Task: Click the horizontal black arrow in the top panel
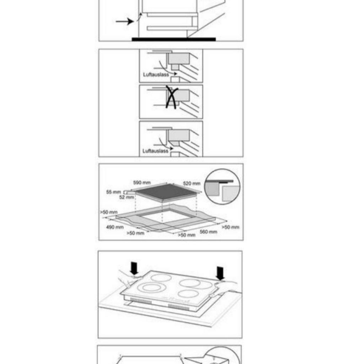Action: click(x=125, y=22)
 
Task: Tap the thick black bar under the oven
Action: click(x=173, y=39)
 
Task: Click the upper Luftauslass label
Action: click(x=156, y=75)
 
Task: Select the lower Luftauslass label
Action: click(x=155, y=151)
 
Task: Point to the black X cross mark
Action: click(x=172, y=97)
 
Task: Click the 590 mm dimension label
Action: click(x=142, y=183)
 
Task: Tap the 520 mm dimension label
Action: click(x=192, y=184)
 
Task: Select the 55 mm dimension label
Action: click(x=113, y=192)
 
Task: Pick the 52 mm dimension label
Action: click(x=127, y=197)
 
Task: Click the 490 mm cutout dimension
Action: click(x=115, y=227)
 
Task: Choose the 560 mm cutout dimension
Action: click(x=208, y=232)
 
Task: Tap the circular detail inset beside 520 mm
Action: click(x=222, y=187)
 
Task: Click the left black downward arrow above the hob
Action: click(x=134, y=268)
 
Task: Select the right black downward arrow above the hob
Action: click(x=220, y=273)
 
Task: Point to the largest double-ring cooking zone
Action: click(x=151, y=288)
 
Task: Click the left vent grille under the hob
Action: click(x=141, y=301)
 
